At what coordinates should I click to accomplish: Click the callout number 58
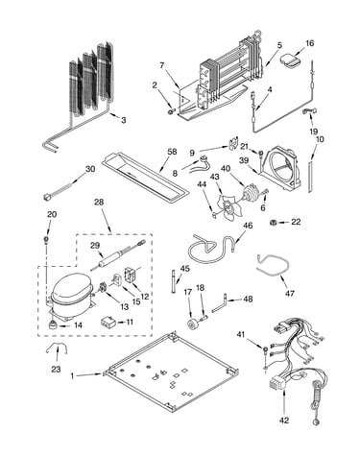tap(172, 152)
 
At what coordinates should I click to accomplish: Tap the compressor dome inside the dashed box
tap(70, 286)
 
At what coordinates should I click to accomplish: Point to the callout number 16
tap(309, 43)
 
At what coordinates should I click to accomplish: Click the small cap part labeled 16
tap(291, 60)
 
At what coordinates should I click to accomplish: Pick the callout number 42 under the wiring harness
tap(284, 420)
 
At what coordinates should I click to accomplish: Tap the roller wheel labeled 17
tap(194, 324)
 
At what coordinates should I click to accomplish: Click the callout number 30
tap(90, 169)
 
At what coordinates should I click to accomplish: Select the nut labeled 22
tap(273, 222)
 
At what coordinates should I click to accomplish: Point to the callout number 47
tap(290, 293)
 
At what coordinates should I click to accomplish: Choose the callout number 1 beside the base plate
tap(72, 376)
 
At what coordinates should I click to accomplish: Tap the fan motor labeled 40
tap(250, 193)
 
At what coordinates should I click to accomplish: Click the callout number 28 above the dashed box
tap(99, 203)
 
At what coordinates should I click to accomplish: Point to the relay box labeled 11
tap(108, 322)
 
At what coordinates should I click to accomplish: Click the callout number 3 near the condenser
tap(124, 121)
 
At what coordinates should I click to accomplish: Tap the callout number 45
tap(184, 268)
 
